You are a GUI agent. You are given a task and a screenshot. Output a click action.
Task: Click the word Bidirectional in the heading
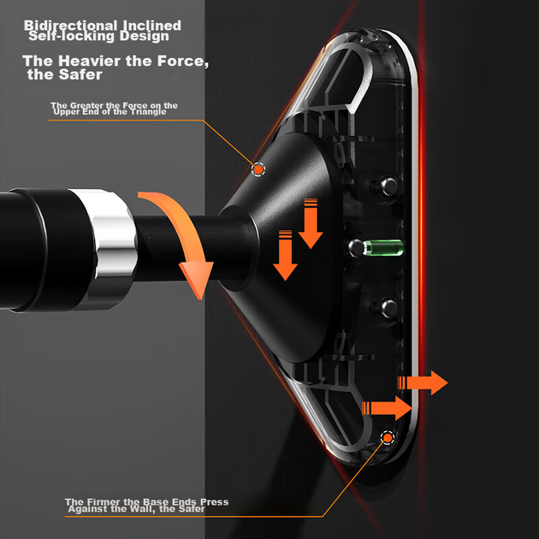click(71, 25)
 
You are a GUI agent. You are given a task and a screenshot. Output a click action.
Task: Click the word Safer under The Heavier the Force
click(82, 74)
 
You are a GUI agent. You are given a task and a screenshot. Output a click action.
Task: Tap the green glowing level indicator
click(383, 248)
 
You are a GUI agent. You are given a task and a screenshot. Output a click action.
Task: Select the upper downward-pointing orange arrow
click(311, 223)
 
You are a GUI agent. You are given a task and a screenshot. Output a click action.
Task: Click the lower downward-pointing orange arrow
click(285, 256)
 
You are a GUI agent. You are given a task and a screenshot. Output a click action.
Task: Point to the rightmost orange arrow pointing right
click(423, 382)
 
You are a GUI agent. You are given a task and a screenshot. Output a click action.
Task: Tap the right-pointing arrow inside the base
click(387, 408)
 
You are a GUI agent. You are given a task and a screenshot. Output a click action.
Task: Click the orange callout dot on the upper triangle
click(258, 169)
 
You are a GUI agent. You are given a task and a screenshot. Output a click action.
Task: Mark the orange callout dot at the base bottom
click(388, 437)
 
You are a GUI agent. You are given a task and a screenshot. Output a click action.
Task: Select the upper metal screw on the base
click(388, 186)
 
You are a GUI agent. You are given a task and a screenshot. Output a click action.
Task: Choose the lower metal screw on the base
click(388, 308)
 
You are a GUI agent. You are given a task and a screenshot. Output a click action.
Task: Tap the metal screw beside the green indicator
click(356, 248)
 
